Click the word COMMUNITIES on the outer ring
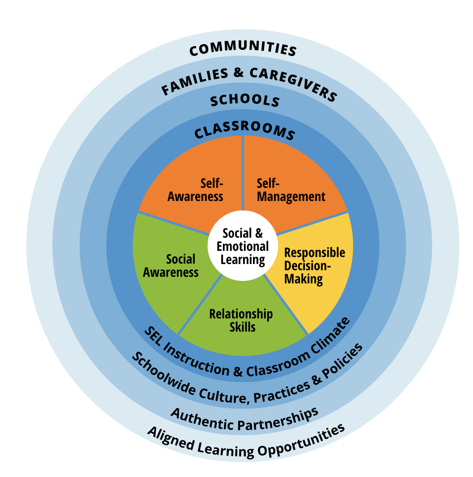click(x=243, y=49)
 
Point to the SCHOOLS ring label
click(x=245, y=101)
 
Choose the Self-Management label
click(x=290, y=190)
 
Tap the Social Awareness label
click(x=171, y=266)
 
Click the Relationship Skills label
click(x=241, y=320)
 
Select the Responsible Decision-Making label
click(x=313, y=266)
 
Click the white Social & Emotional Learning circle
click(x=243, y=246)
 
